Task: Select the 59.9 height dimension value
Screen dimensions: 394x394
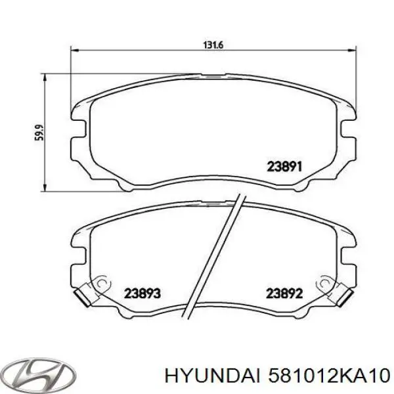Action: tap(39, 133)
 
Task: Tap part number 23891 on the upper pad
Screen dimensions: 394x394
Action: tap(284, 166)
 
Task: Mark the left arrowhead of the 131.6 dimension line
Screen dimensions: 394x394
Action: tap(74, 51)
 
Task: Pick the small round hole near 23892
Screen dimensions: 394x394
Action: tap(324, 282)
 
